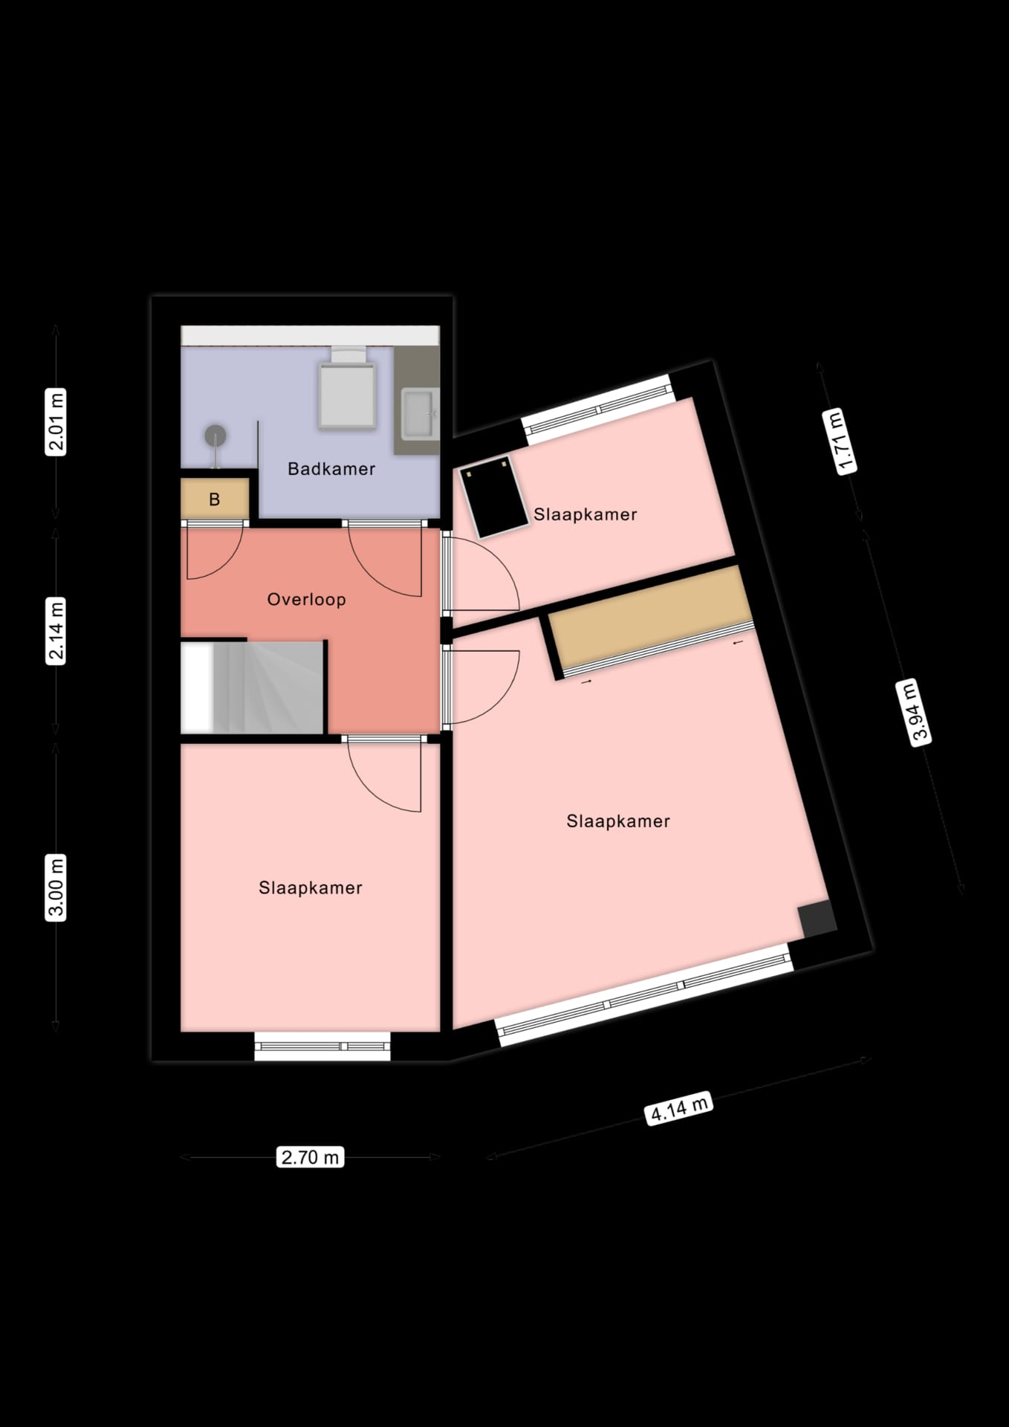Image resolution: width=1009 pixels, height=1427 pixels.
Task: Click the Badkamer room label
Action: [331, 469]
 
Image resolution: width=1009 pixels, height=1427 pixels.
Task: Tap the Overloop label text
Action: [306, 600]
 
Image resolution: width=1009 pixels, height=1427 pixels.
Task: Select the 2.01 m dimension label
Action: [56, 421]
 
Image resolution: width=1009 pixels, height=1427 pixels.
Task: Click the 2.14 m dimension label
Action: [56, 630]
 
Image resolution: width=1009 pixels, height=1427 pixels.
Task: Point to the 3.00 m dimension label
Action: [56, 887]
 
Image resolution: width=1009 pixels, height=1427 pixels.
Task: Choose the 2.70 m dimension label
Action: [311, 1157]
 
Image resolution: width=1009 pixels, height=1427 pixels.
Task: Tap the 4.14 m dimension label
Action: [679, 1108]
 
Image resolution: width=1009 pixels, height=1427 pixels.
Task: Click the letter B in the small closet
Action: [214, 499]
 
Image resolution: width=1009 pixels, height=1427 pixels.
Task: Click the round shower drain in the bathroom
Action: [215, 434]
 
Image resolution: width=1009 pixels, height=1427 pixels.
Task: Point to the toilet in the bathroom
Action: [346, 388]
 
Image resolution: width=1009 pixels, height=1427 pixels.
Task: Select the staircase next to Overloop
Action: [253, 687]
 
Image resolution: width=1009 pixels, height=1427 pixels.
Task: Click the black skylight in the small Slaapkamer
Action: [494, 497]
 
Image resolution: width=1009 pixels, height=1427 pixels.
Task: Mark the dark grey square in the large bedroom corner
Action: [817, 918]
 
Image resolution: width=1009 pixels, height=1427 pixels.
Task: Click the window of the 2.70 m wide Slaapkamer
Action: [322, 1046]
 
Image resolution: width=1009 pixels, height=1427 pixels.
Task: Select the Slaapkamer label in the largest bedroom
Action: [618, 821]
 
